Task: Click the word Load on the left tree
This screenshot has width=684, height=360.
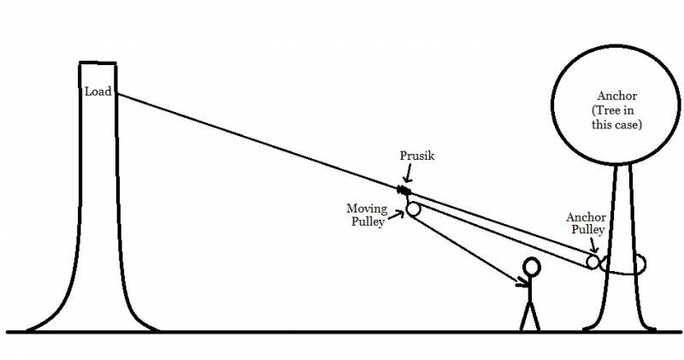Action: pos(97,91)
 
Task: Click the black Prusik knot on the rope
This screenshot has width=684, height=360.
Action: pos(402,188)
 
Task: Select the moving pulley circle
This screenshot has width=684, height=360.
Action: pos(413,209)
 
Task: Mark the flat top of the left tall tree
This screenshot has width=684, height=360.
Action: pos(97,62)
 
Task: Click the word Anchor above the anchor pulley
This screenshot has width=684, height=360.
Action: pos(586,218)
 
